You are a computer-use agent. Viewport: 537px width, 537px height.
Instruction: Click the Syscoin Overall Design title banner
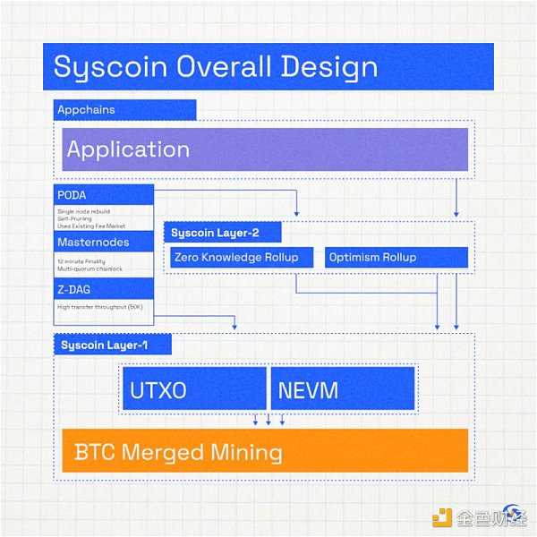coord(268,66)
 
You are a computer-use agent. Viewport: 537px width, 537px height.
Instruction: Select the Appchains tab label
coord(124,109)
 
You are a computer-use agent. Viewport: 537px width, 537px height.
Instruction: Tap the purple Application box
coord(264,149)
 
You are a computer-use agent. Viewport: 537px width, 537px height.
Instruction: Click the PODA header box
coord(104,195)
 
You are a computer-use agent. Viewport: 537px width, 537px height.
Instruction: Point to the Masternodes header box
coord(104,243)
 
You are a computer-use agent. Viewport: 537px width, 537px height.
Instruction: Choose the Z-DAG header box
coord(104,289)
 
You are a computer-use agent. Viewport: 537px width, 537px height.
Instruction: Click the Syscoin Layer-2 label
coord(223,233)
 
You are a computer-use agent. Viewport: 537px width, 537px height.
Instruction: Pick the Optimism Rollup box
coord(396,258)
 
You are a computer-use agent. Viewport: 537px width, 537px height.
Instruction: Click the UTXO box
coord(194,388)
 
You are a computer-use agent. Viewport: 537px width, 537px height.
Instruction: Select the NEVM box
coord(343,388)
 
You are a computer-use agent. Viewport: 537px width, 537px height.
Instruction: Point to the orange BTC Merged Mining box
coord(264,450)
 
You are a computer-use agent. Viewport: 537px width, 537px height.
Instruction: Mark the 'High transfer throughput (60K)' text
coord(98,308)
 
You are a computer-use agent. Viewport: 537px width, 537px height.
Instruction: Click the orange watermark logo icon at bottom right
coord(441,517)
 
